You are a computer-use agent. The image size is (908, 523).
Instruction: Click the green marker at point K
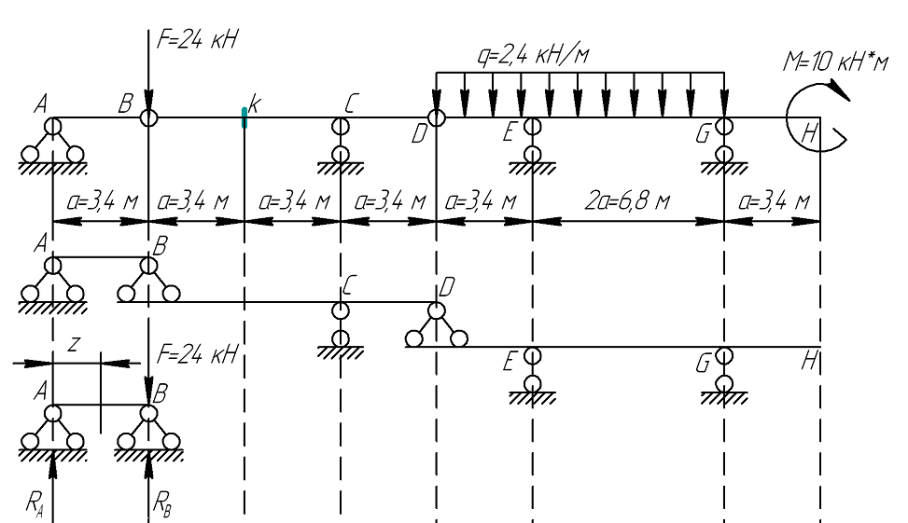point(244,117)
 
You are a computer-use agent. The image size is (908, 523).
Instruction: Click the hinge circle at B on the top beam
point(148,117)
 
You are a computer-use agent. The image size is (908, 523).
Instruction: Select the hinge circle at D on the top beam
point(437,117)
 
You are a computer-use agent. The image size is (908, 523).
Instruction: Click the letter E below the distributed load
point(510,134)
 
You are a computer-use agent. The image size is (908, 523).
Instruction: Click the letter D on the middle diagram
point(447,287)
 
